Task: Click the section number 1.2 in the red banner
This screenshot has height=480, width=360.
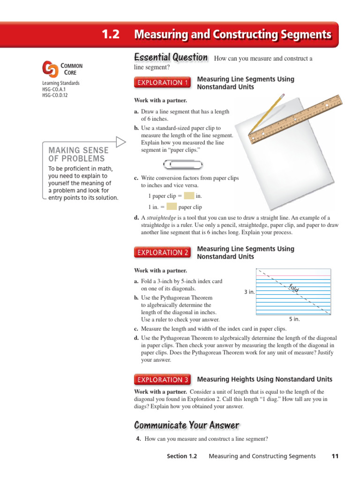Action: coord(111,35)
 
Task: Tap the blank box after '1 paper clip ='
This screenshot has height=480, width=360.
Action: coord(188,196)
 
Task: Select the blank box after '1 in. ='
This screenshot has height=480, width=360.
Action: coord(172,207)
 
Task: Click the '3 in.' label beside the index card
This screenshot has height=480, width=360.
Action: coord(249,292)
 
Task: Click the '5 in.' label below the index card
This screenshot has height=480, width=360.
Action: coord(294,319)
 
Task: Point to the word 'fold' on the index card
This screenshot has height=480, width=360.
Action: coord(294,288)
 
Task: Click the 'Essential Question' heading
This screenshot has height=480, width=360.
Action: coord(171,58)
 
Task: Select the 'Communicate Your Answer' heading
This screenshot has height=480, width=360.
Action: coord(187,425)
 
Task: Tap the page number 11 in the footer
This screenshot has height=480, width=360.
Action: coord(335,456)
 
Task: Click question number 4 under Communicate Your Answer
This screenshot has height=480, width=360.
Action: coord(138,439)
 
